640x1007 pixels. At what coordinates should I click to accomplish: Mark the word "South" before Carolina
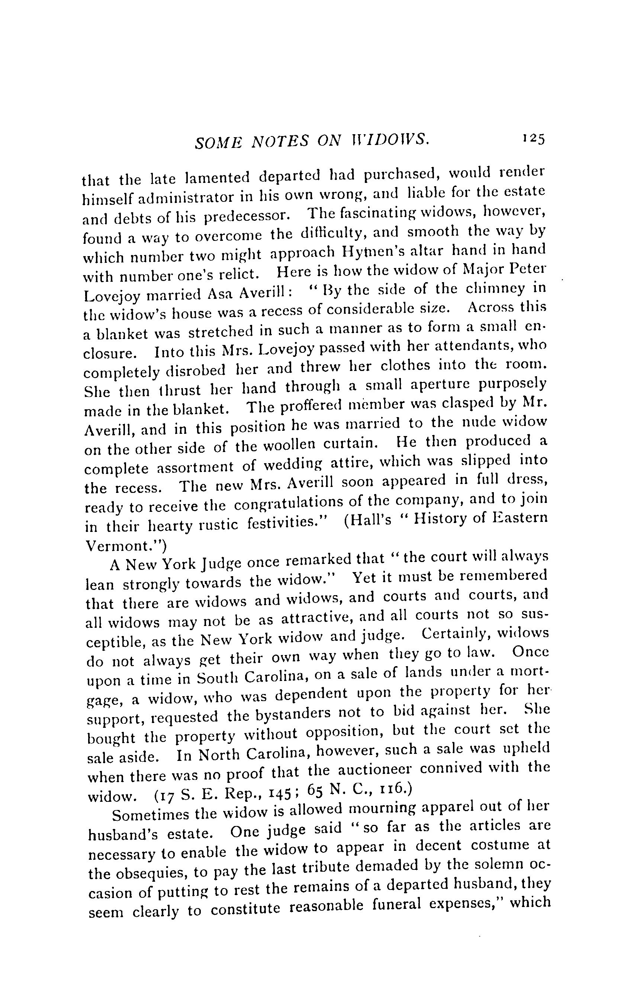tap(217, 677)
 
